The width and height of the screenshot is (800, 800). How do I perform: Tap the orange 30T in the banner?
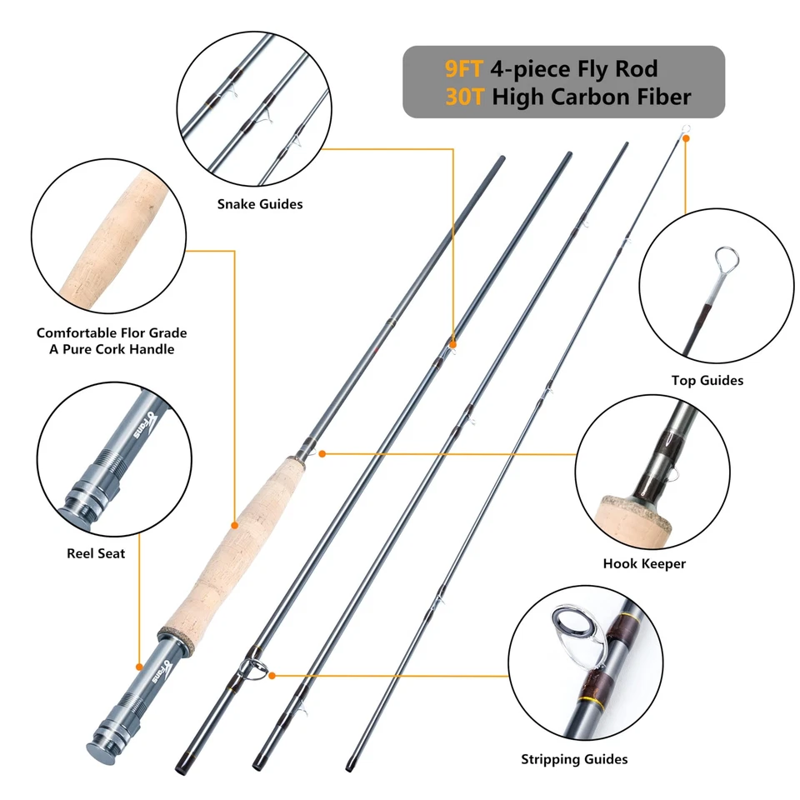tap(465, 97)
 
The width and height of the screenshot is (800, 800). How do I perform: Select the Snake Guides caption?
tap(260, 204)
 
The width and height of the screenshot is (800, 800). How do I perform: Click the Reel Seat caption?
tap(96, 553)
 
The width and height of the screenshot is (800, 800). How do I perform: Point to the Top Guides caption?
tap(707, 381)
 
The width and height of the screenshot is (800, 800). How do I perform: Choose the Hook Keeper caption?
tap(644, 564)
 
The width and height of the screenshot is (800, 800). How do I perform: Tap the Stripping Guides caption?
tap(574, 759)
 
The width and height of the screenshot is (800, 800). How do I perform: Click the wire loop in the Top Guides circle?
tap(726, 260)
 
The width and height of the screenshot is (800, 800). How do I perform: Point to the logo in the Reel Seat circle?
tap(142, 426)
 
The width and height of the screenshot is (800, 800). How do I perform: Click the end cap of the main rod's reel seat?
tap(99, 744)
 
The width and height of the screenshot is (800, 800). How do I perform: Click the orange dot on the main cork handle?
tap(235, 525)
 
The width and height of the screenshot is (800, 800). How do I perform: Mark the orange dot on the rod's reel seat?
tap(138, 667)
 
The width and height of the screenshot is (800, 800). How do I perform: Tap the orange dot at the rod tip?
tap(686, 139)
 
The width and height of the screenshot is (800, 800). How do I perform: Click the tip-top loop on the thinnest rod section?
tap(684, 129)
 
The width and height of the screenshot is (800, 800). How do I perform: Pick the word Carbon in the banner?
tap(591, 97)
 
